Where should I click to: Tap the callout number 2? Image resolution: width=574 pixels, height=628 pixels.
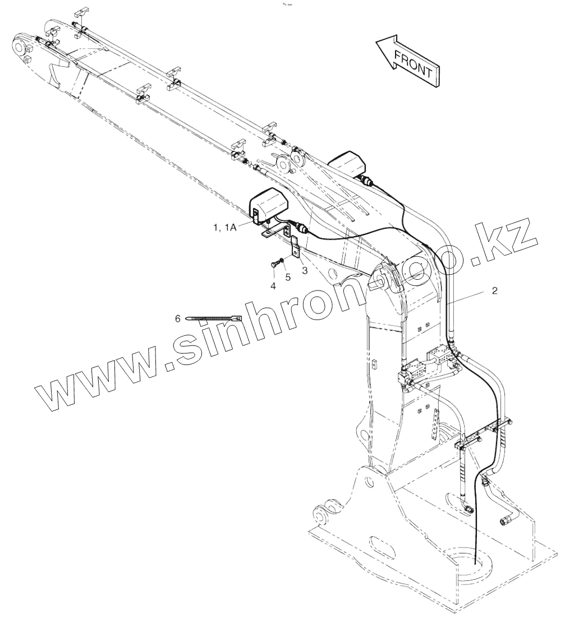pyautogui.click(x=494, y=291)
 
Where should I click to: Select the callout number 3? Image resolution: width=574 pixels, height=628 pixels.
pyautogui.click(x=305, y=270)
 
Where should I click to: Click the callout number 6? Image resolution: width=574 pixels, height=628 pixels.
pyautogui.click(x=178, y=318)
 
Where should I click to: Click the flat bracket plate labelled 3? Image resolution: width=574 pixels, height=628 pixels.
pyautogui.click(x=296, y=247)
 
